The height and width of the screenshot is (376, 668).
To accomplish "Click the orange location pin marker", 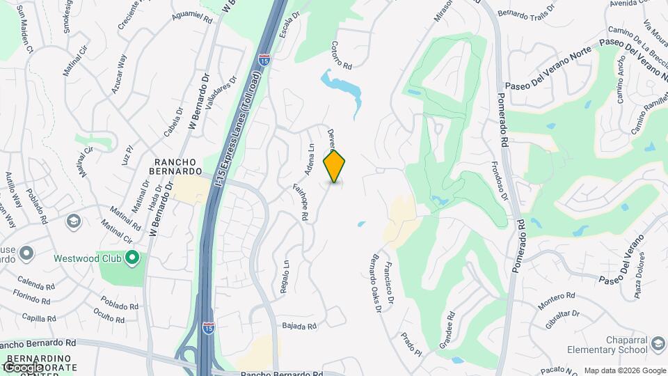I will click(x=335, y=166).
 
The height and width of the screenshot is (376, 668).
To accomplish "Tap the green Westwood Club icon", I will click(x=132, y=260).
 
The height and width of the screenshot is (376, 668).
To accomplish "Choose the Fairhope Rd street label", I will click(x=304, y=203).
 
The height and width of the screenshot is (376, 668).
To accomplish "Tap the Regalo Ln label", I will click(x=285, y=277).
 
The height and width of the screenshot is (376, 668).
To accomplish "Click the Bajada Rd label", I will click(x=300, y=326).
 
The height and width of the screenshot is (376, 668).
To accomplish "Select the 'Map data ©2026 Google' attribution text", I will click(x=623, y=370).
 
